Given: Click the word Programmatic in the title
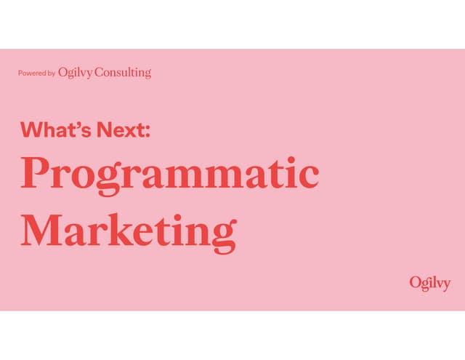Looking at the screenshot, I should [x=169, y=175].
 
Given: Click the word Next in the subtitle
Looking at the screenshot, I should [x=120, y=130].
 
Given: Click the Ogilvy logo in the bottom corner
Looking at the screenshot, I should [x=429, y=283].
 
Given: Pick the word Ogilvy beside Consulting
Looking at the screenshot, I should [x=76, y=73].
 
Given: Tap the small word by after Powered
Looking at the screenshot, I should [x=51, y=73].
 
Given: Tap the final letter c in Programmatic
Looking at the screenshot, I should [x=308, y=176].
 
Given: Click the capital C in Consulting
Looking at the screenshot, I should [x=100, y=73].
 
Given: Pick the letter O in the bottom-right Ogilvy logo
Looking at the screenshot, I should [x=414, y=282].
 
